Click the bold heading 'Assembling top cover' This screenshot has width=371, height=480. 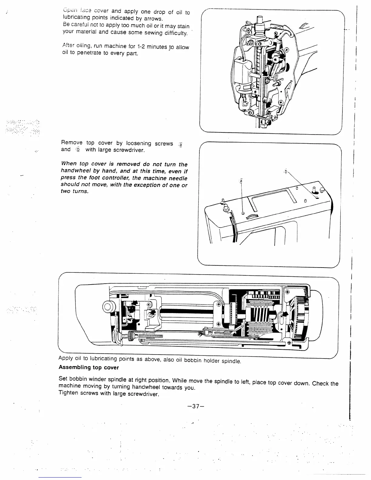[89, 368]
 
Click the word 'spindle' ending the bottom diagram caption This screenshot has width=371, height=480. [231, 361]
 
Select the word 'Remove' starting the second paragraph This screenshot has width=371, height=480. [72, 142]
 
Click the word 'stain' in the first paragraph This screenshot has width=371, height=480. [183, 26]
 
